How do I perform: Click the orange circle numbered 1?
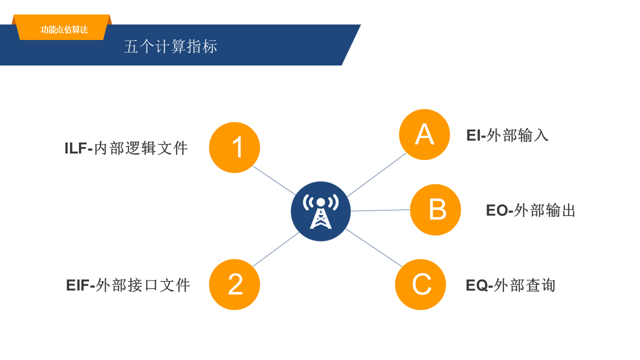point(234,147)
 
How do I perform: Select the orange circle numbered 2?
point(234,284)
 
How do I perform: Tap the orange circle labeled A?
point(424,134)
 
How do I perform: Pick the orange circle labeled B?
point(435,209)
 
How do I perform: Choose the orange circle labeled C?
point(420,284)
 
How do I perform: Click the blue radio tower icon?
point(320,211)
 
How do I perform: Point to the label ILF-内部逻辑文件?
point(126,148)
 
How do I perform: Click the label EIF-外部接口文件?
point(128,285)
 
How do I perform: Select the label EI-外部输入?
point(507,135)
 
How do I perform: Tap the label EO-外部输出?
point(530,210)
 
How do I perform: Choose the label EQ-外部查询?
point(510,285)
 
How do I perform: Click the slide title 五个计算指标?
point(170,46)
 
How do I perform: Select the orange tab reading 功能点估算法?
point(63,29)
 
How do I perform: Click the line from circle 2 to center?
point(276,249)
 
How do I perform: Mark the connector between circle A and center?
point(376,174)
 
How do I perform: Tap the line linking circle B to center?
point(380,210)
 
